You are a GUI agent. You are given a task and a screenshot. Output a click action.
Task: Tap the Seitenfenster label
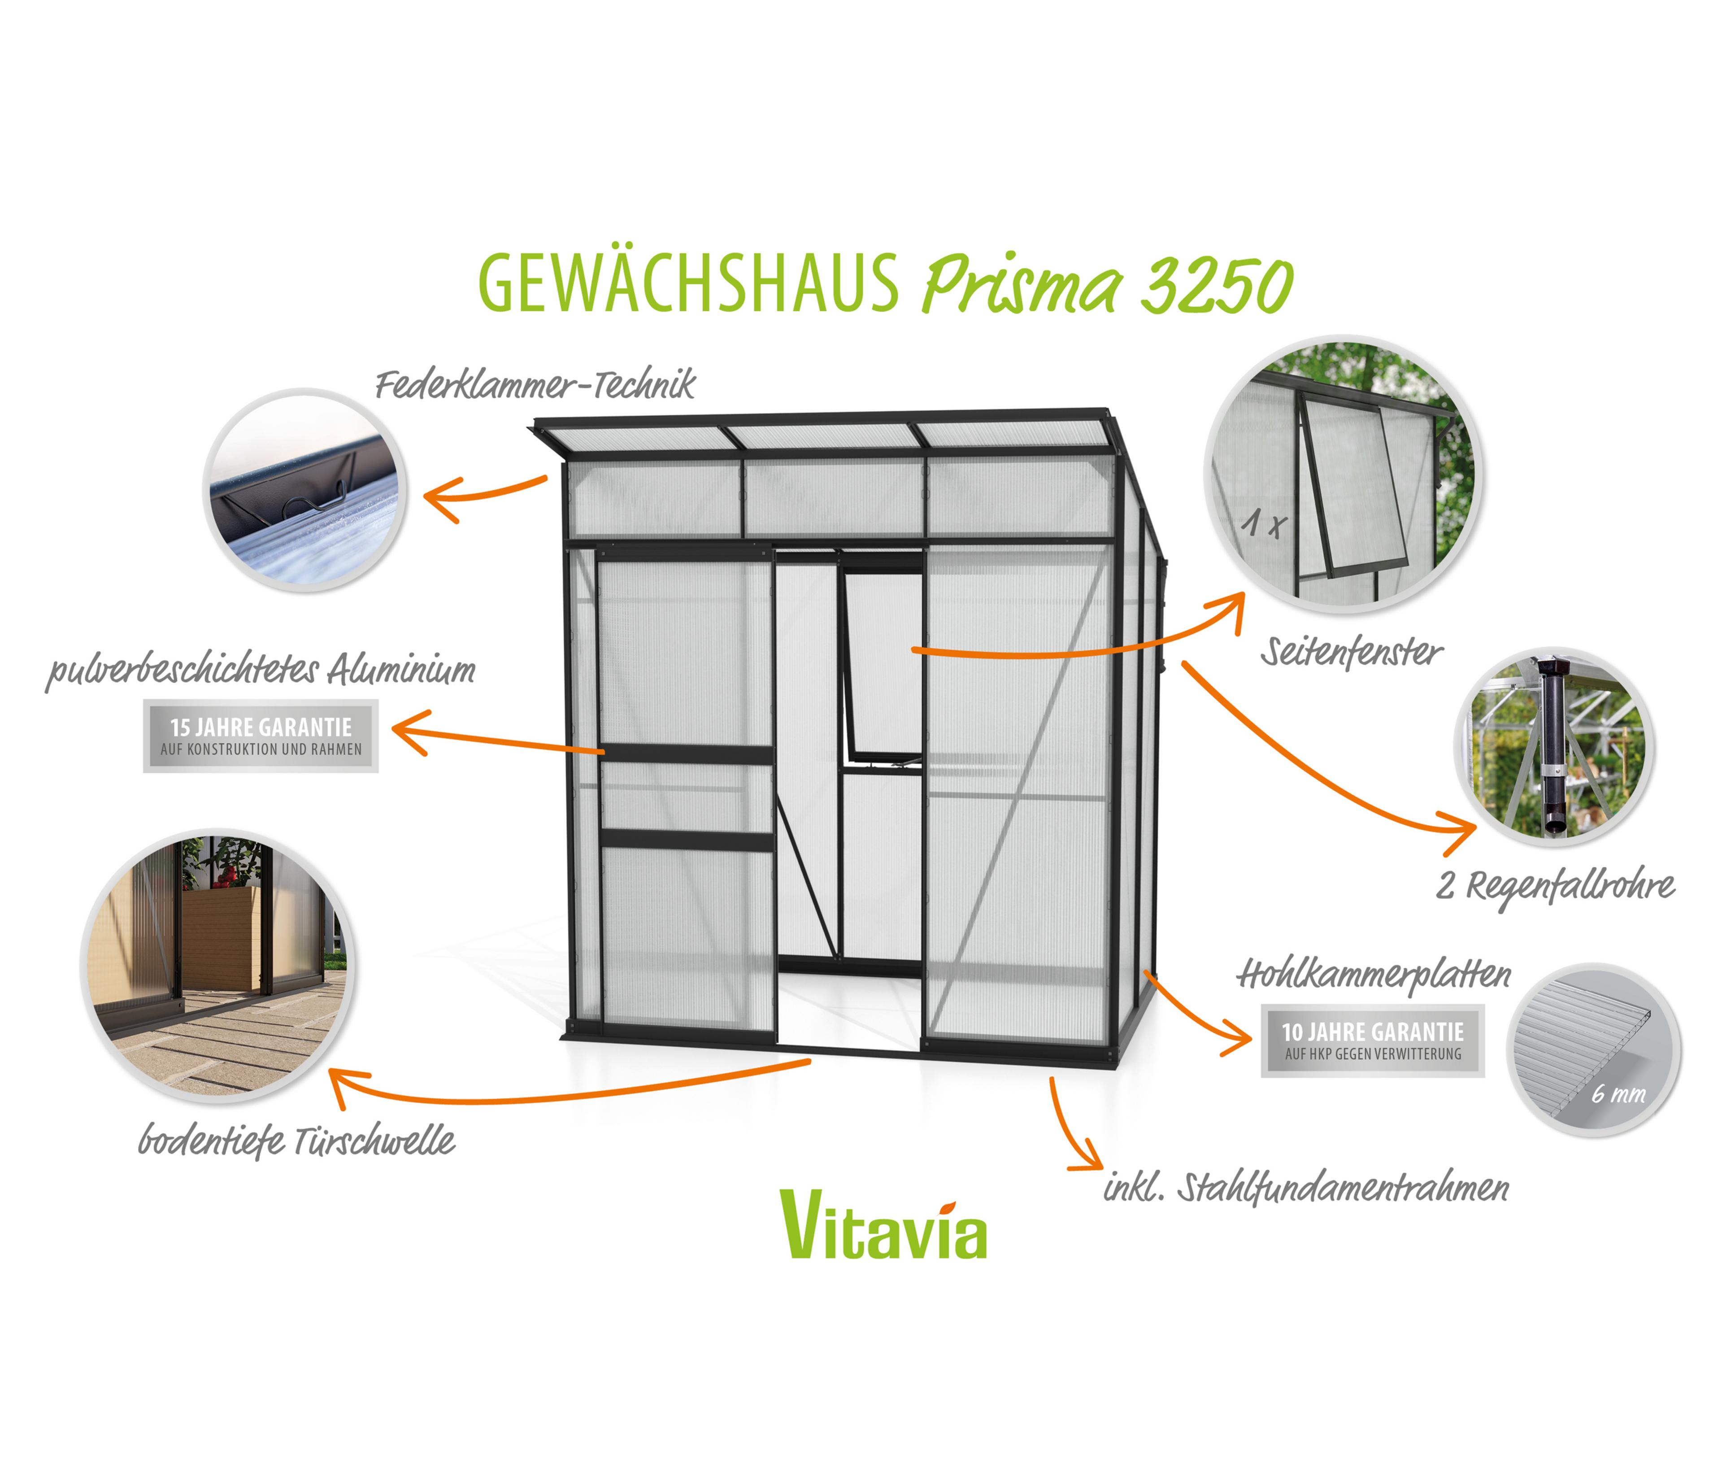point(1351,653)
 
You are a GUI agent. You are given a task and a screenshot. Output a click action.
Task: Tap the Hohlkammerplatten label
point(1374,974)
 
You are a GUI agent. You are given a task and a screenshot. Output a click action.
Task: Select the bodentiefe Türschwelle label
point(297,1141)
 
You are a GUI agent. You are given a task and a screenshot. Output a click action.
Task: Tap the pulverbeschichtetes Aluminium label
point(261,670)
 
